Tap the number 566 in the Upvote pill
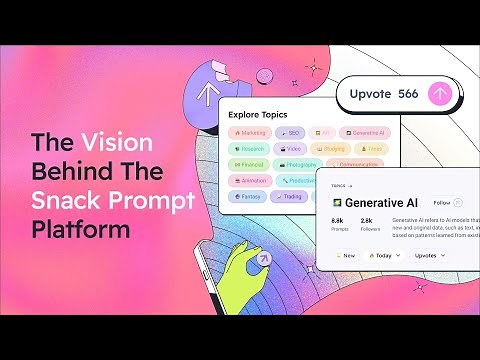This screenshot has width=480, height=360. coord(408,94)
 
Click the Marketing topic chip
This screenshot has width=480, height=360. coord(249,132)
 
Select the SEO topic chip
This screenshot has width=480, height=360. coord(291,132)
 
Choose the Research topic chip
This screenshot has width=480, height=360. coord(248,148)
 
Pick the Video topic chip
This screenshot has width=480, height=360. coord(291,148)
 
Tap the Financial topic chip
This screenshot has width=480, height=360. coord(247,165)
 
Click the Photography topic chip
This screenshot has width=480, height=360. coord(299,165)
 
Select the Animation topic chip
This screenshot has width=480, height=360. coord(249,181)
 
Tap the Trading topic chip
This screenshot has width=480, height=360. coord(290,197)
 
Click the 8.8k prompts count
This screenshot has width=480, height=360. coord(338,219)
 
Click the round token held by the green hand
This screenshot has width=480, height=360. coord(264,258)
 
